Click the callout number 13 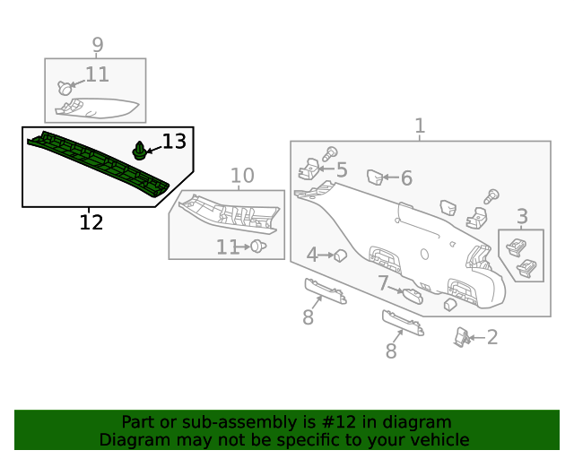174,142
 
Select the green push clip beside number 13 139,151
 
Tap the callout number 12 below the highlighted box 91,222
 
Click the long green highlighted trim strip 98,164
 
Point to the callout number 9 98,45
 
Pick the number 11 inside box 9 97,74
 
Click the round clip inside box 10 258,247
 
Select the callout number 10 242,176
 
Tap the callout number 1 420,126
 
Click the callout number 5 342,169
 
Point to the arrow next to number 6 391,178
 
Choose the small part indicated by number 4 341,255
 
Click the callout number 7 383,282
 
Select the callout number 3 522,216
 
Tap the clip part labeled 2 462,337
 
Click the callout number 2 492,337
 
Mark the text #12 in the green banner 339,422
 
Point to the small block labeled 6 375,178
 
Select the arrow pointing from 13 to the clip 153,150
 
